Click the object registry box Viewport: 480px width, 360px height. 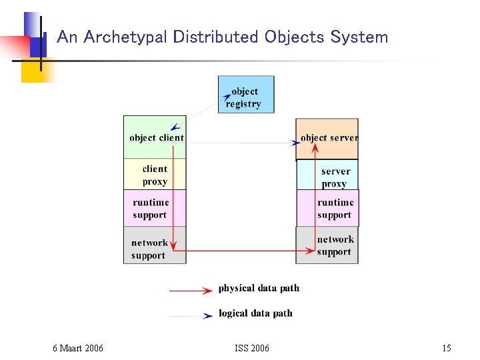click(x=245, y=95)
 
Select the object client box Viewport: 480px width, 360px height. click(x=155, y=137)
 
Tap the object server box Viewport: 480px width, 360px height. click(x=327, y=139)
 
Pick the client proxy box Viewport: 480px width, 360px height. click(x=155, y=175)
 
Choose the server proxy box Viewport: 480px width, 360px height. click(x=333, y=176)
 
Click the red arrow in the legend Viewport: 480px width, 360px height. click(x=191, y=291)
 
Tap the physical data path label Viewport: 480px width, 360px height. click(x=259, y=288)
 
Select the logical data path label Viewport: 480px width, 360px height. click(x=255, y=313)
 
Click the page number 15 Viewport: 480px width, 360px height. click(x=446, y=348)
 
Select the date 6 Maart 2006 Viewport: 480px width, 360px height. click(x=78, y=348)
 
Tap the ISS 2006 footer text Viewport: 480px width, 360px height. click(x=252, y=348)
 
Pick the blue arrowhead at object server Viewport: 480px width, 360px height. click(x=295, y=143)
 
